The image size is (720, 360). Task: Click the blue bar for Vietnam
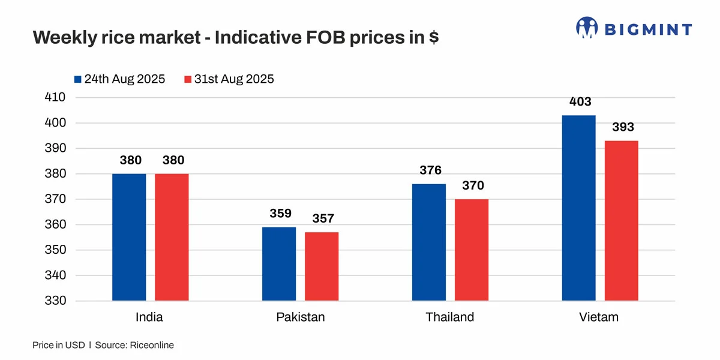point(578,208)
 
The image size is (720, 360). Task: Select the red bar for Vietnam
point(621,220)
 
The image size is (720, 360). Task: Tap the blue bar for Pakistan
point(279,264)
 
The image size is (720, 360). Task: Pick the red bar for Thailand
point(472,250)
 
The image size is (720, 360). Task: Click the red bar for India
point(172,237)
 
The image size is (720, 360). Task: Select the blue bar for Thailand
point(429,242)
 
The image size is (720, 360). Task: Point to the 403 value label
point(580,102)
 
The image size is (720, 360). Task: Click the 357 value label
point(323,219)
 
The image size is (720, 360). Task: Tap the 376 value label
point(430,170)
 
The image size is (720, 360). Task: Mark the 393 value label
point(623,127)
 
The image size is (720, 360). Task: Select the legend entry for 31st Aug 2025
point(229,79)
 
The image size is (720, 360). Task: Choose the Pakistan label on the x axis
point(300,317)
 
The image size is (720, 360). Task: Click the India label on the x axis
point(149,317)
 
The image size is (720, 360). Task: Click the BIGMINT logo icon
point(587,28)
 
